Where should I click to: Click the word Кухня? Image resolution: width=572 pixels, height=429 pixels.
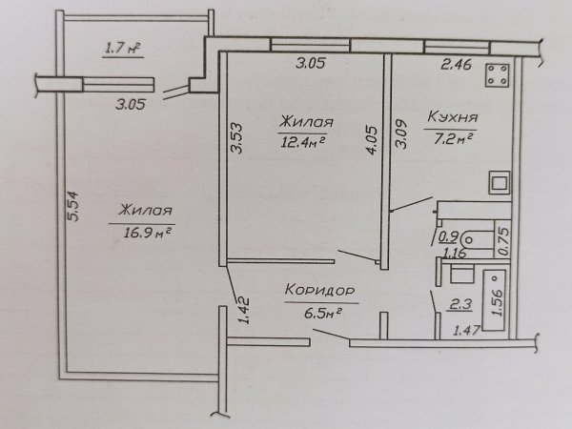click(x=452, y=117)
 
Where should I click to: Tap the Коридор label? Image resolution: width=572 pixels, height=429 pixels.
click(x=320, y=291)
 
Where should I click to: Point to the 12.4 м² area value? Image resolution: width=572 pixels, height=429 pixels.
click(x=301, y=141)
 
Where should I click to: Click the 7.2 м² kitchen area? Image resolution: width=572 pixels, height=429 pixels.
click(x=453, y=138)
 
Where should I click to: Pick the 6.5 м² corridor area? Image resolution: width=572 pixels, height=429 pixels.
click(x=322, y=313)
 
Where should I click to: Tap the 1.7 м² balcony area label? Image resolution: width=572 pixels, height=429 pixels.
click(x=123, y=49)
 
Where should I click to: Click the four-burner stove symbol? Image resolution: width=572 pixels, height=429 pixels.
click(x=497, y=75)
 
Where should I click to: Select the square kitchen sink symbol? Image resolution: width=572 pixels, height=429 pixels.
click(x=500, y=182)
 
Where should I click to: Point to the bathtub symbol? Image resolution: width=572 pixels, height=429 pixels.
click(x=494, y=300)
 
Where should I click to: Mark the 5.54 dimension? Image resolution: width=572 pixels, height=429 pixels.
click(x=73, y=206)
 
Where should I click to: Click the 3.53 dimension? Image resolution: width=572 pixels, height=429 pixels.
click(x=237, y=138)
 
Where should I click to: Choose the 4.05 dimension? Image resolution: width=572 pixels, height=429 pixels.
click(x=373, y=140)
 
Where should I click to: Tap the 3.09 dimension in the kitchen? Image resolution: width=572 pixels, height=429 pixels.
click(x=401, y=135)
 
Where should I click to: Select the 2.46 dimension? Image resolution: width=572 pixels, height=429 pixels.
click(x=456, y=65)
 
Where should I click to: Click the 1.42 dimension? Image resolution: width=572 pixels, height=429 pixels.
click(x=244, y=311)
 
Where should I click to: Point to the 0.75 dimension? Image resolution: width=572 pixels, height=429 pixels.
click(x=503, y=241)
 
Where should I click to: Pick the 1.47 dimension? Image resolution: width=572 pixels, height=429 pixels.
click(x=466, y=331)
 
